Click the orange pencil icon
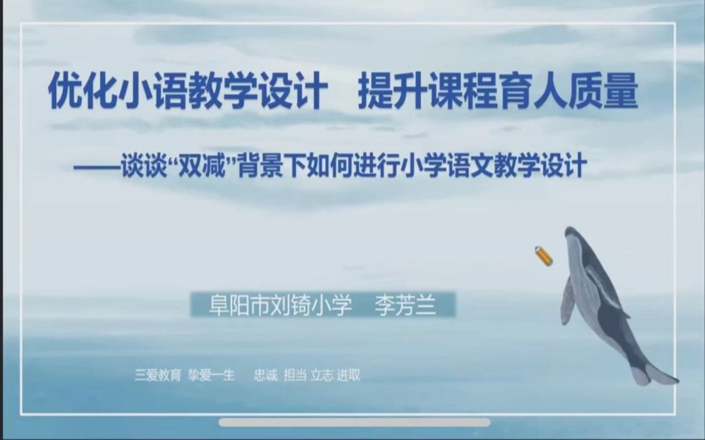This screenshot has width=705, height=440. point(543,256)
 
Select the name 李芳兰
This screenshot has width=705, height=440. point(405,305)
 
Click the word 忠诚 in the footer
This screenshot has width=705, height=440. point(266,375)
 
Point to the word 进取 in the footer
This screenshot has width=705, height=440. point(348,375)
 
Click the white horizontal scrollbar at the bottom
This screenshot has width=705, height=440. point(354,422)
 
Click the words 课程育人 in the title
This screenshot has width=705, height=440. point(498,94)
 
